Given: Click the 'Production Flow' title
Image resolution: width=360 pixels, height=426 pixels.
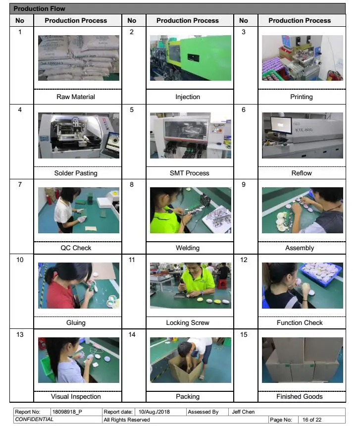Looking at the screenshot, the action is [x=39, y=9].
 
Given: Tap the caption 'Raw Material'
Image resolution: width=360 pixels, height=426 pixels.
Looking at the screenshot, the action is [x=76, y=97].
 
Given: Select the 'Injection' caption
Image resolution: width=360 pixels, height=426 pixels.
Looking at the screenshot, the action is [x=188, y=97].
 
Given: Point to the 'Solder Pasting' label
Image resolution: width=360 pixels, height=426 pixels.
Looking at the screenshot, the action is [x=76, y=173].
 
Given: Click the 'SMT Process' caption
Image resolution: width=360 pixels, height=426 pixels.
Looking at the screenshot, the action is [x=190, y=173].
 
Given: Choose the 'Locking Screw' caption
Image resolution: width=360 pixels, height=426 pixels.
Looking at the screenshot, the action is [x=188, y=322].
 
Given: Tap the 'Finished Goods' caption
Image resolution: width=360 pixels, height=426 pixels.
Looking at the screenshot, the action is [x=300, y=396].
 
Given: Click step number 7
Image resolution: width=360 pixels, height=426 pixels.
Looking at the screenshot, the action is [x=20, y=184].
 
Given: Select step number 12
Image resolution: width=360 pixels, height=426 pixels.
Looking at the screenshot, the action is [x=244, y=260].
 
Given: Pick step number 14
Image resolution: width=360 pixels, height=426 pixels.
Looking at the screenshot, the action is [x=132, y=334].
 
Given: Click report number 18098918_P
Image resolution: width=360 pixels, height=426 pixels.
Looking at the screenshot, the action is [x=67, y=412].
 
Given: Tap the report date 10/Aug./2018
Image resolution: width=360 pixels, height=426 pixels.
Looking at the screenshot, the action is [x=154, y=412].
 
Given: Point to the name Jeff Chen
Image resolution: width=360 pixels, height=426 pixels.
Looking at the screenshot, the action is [x=243, y=412].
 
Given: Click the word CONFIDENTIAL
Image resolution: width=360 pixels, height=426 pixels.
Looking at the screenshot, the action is [x=34, y=419].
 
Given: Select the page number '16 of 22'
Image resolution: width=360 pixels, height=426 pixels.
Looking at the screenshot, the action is [x=312, y=420].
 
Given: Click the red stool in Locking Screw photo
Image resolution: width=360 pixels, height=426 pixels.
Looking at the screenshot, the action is [x=222, y=284].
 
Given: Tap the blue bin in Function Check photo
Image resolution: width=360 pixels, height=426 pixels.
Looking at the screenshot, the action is [x=321, y=274].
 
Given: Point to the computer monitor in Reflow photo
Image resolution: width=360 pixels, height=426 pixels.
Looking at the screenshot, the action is [x=281, y=125].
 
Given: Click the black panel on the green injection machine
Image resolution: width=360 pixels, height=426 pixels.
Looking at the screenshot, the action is [x=193, y=57].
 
